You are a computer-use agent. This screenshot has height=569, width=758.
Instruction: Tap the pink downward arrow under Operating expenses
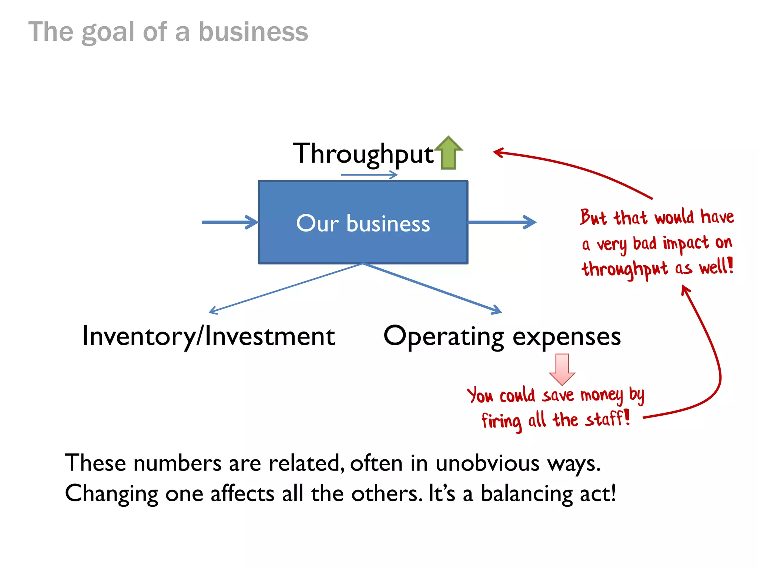pyautogui.click(x=562, y=369)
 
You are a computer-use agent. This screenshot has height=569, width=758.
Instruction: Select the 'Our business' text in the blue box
pyautogui.click(x=363, y=223)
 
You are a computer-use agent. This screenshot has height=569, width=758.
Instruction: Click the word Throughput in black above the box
pyautogui.click(x=363, y=154)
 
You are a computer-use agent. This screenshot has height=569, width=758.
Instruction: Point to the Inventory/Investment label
pyautogui.click(x=208, y=336)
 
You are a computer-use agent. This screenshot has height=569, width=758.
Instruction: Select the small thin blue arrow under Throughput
pyautogui.click(x=369, y=175)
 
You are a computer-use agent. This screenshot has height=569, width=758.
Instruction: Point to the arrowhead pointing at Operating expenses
pyautogui.click(x=497, y=310)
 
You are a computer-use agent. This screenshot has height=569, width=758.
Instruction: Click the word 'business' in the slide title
pyautogui.click(x=253, y=32)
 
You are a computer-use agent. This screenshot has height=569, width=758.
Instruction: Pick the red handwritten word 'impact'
pyautogui.click(x=685, y=244)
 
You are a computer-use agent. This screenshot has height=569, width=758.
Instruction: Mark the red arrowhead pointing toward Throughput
pyautogui.click(x=498, y=152)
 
